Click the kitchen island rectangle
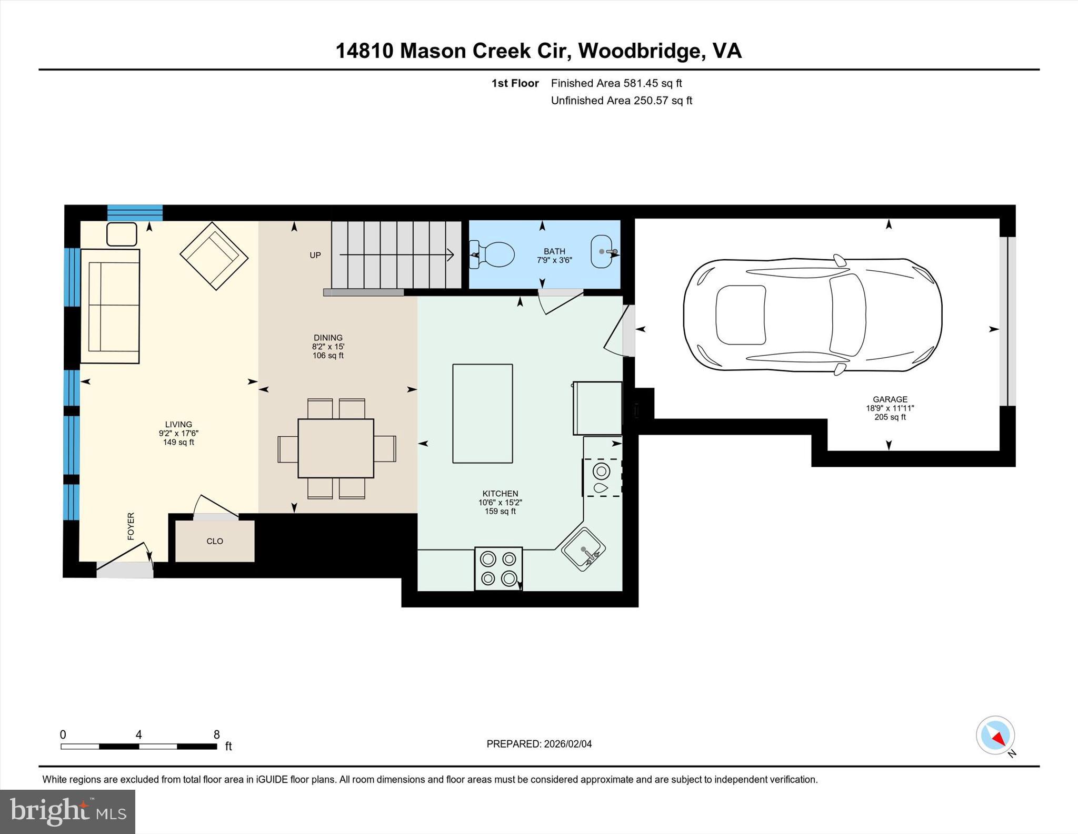[x=482, y=414]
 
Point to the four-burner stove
[x=498, y=568]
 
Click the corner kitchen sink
[x=583, y=550]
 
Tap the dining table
[x=336, y=448]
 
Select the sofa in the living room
[x=110, y=306]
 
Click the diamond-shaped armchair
[x=214, y=256]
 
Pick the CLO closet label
[x=215, y=541]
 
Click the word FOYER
[x=131, y=526]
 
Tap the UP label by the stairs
[x=315, y=256]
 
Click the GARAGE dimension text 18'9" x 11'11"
[x=890, y=408]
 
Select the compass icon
[x=995, y=735]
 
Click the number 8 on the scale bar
[x=216, y=734]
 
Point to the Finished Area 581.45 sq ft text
[x=616, y=83]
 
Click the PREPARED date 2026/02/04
[x=567, y=744]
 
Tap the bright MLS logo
[x=67, y=811]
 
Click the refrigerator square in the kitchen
[x=597, y=408]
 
